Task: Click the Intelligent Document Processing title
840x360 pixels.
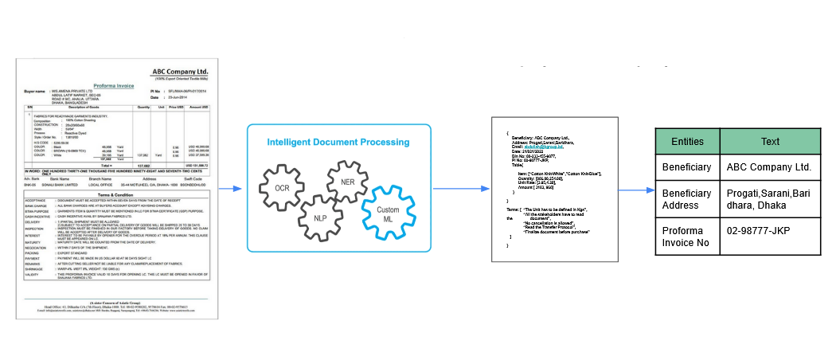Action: [338, 143]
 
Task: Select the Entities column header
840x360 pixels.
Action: [688, 141]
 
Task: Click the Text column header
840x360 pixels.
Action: [770, 141]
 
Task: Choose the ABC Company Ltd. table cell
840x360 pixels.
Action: [769, 167]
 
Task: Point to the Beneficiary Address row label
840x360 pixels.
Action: [687, 199]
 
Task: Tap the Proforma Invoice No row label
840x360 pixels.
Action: [687, 237]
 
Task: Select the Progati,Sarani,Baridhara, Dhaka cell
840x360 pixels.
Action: [769, 199]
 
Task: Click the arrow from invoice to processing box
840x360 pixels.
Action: [231, 189]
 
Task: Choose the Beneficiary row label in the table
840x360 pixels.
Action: [687, 167]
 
